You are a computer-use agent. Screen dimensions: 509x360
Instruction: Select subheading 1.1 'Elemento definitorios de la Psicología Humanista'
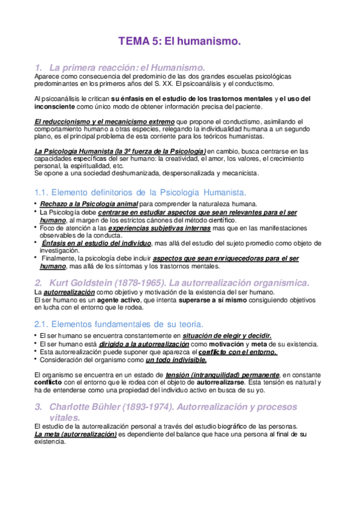point(140,192)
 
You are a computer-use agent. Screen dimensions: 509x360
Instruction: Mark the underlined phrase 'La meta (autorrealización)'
point(76,433)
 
